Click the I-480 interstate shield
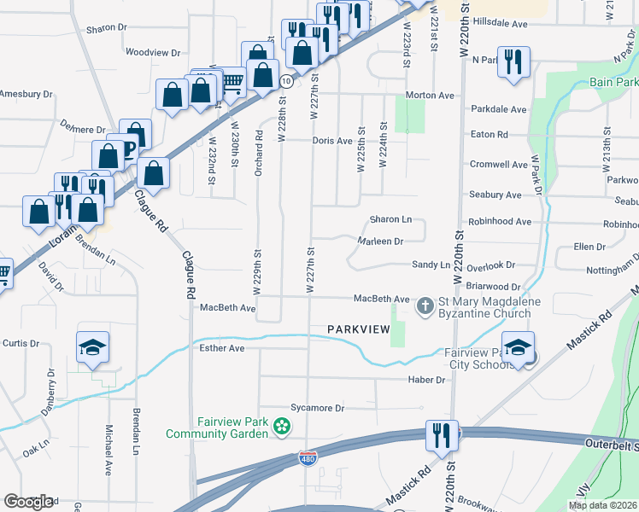pyautogui.click(x=308, y=459)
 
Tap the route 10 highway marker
pyautogui.click(x=287, y=81)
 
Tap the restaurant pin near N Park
pyautogui.click(x=513, y=62)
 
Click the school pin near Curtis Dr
pyautogui.click(x=92, y=348)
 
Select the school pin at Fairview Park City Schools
pyautogui.click(x=518, y=348)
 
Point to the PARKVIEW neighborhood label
pyautogui.click(x=359, y=329)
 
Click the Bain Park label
pyautogui.click(x=614, y=83)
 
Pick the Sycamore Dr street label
pyautogui.click(x=317, y=409)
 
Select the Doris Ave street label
pyautogui.click(x=332, y=141)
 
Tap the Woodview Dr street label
pyautogui.click(x=153, y=52)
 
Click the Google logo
pyautogui.click(x=28, y=502)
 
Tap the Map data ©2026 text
pyautogui.click(x=602, y=506)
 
